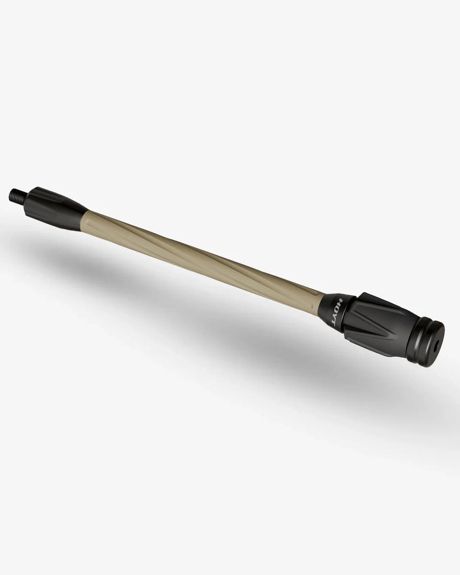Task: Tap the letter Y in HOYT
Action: (337, 316)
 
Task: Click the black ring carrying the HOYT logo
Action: (341, 312)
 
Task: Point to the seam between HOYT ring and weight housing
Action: (354, 316)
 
